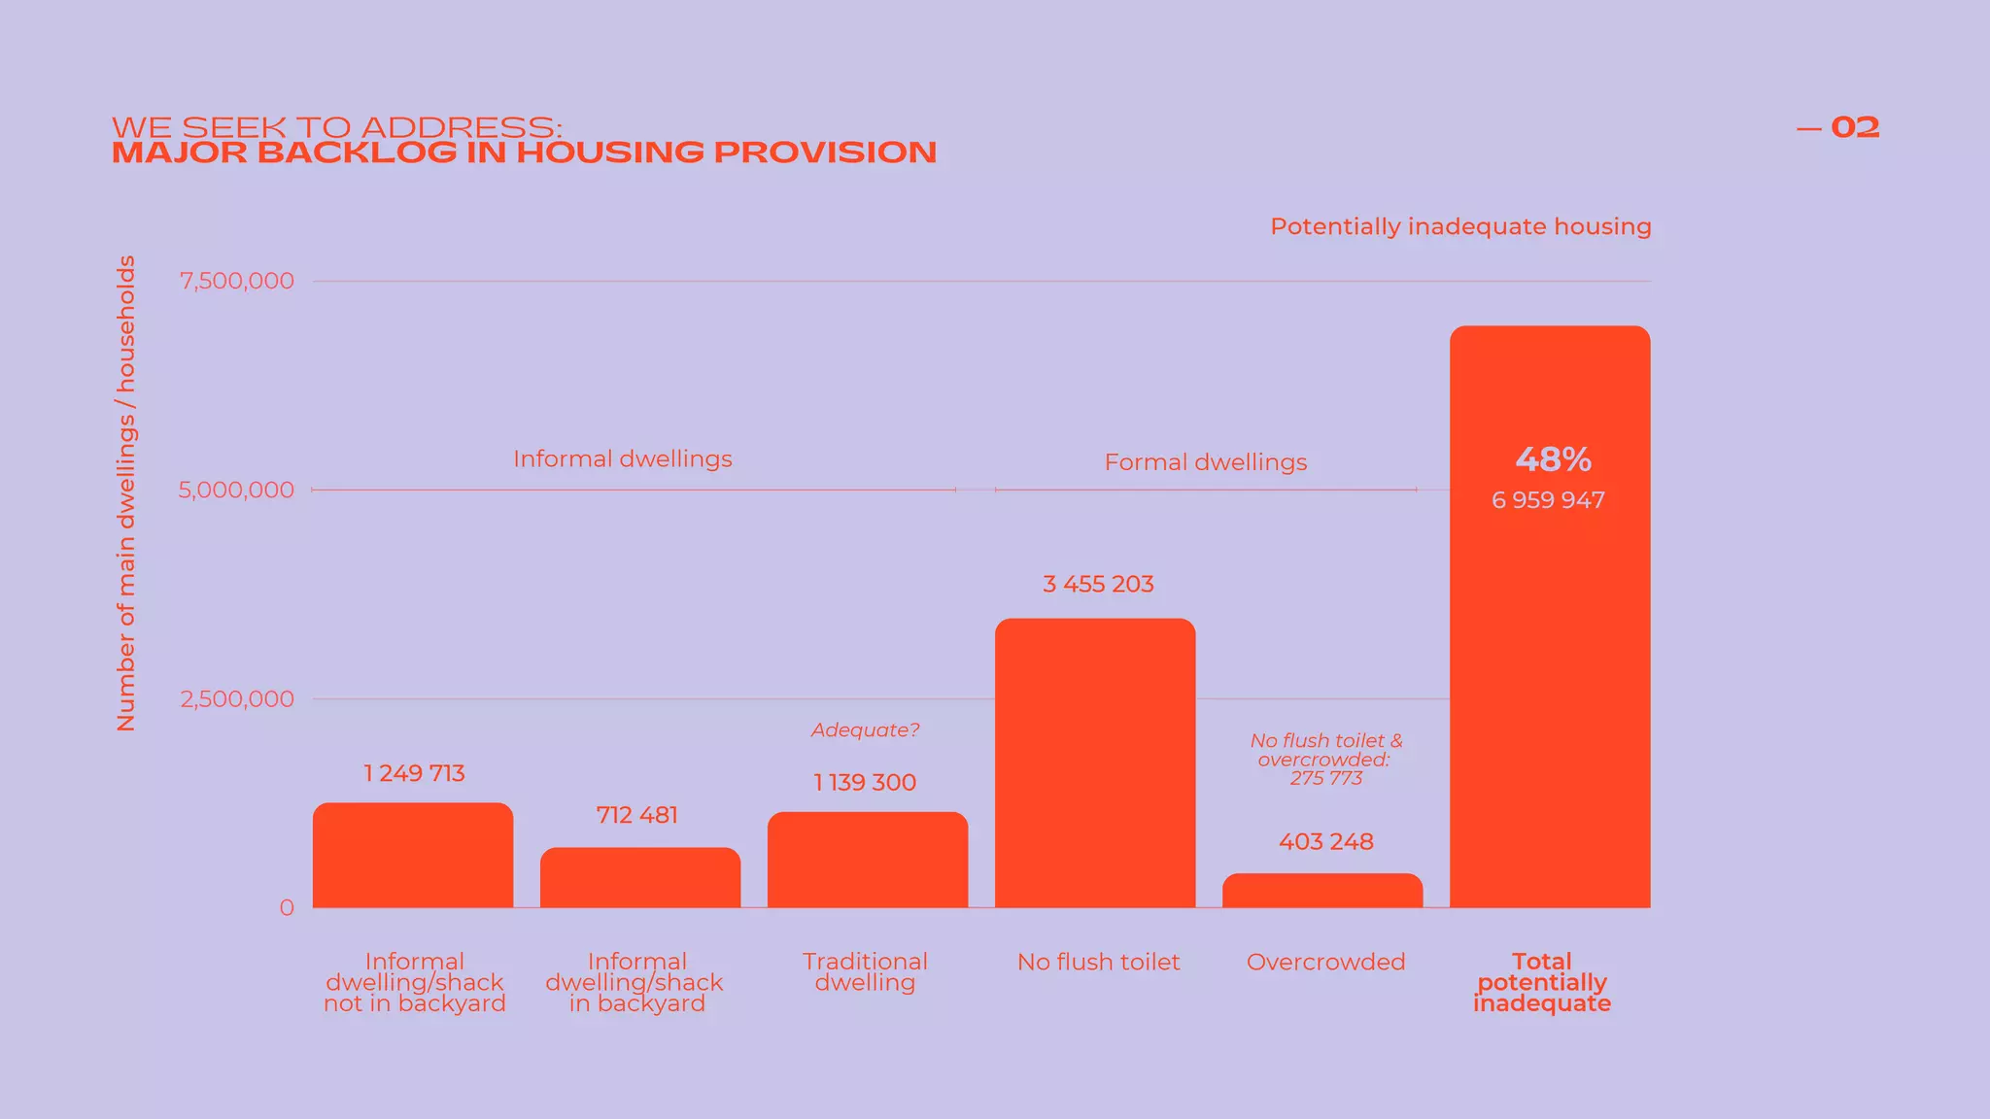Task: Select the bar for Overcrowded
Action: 1322,891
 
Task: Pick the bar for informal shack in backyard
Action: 640,878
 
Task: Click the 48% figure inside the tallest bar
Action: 1553,458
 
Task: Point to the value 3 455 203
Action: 1098,585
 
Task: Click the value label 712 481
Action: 636,815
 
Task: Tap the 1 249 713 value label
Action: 414,773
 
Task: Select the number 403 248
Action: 1325,842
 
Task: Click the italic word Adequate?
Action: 865,730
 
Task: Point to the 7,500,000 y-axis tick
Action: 236,282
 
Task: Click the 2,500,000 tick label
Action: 236,699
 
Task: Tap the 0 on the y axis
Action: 287,908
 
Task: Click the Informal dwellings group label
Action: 622,459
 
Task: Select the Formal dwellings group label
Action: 1205,462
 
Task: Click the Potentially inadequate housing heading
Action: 1460,227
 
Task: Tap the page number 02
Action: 1854,128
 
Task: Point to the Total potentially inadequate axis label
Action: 1541,983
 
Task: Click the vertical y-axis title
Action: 126,493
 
